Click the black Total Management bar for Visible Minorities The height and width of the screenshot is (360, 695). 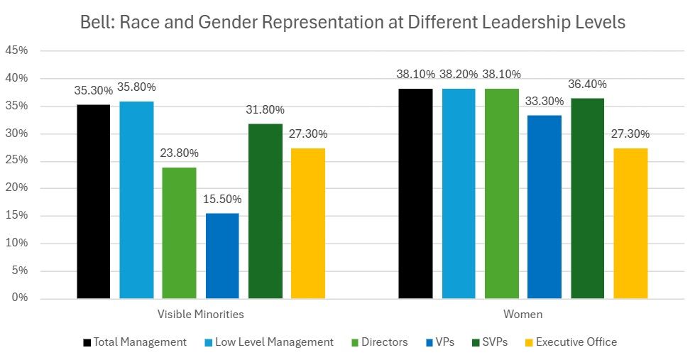pyautogui.click(x=94, y=202)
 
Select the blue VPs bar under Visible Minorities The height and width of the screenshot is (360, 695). pyautogui.click(x=222, y=256)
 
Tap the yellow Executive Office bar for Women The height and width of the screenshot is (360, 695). pyautogui.click(x=630, y=223)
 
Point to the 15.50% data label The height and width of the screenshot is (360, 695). pyautogui.click(x=221, y=200)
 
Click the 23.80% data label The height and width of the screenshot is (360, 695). pyautogui.click(x=179, y=153)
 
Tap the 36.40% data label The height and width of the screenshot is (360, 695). pyautogui.click(x=587, y=84)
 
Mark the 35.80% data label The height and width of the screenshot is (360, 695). pyautogui.click(x=136, y=87)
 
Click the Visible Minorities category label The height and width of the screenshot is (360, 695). pyautogui.click(x=200, y=314)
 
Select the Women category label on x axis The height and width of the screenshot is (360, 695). pyautogui.click(x=523, y=314)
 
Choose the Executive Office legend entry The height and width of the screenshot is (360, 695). pyautogui.click(x=576, y=342)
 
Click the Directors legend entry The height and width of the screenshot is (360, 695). pyautogui.click(x=384, y=342)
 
